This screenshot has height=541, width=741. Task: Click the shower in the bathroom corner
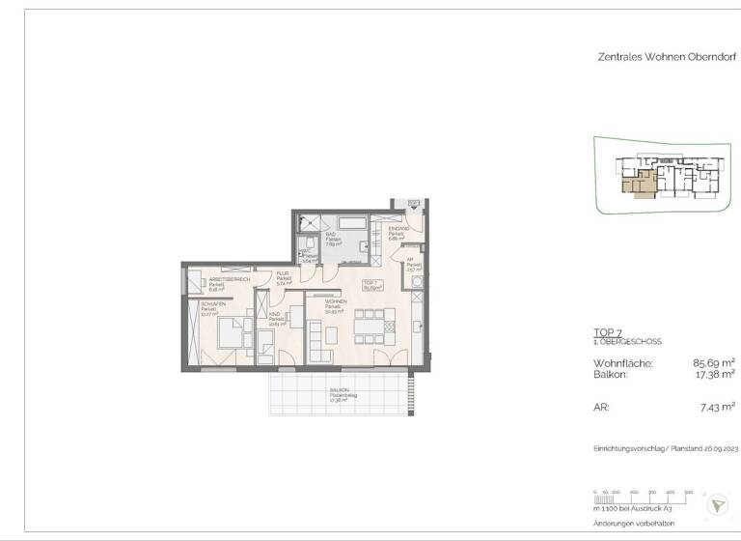[x=310, y=223]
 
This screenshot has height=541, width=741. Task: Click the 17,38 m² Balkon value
[x=714, y=374]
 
